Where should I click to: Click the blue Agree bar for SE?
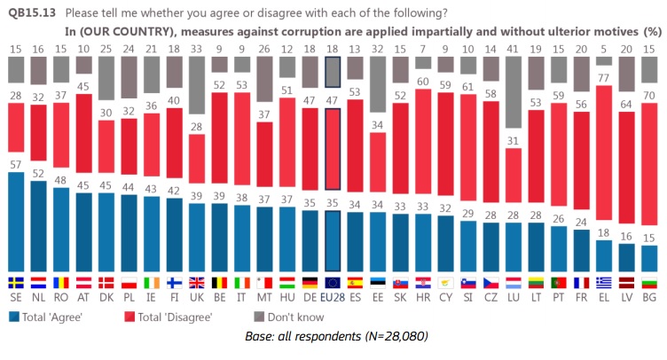[x=16, y=222]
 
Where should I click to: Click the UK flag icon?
[x=195, y=283]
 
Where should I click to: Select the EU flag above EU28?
[x=332, y=283]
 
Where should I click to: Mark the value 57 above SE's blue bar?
[x=16, y=165]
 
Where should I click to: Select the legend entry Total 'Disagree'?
[x=178, y=316]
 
